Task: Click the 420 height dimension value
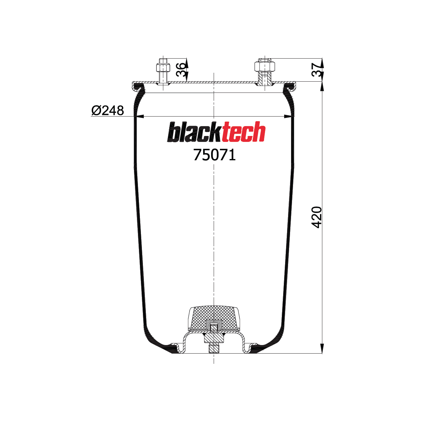[x=316, y=217]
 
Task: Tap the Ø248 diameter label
[x=108, y=111]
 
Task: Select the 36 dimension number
[x=181, y=70]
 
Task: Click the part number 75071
[x=214, y=155]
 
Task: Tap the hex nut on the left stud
[x=163, y=68]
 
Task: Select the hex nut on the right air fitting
[x=264, y=67]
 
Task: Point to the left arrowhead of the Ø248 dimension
[x=140, y=116]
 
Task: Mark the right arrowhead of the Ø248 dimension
[x=288, y=116]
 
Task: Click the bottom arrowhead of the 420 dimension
[x=322, y=348]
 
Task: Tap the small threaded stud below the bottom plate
[x=214, y=348]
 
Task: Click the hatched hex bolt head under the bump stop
[x=214, y=338]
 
